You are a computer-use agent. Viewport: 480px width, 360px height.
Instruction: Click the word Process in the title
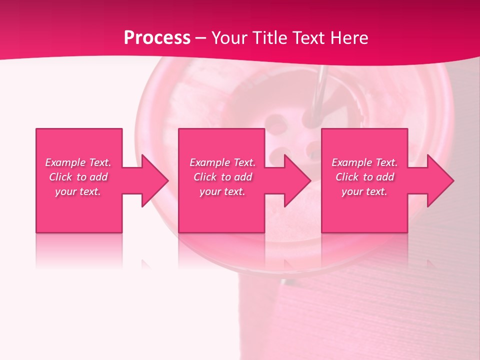[x=157, y=38]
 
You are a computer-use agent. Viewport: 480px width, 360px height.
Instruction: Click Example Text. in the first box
[x=78, y=162]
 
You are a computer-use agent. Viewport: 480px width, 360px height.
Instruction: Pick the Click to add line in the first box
[x=78, y=177]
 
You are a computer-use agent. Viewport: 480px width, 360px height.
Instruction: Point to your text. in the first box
[x=78, y=191]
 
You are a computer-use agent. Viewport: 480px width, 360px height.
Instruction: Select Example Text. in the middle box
[x=222, y=162]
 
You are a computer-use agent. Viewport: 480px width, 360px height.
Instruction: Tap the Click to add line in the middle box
[x=222, y=177]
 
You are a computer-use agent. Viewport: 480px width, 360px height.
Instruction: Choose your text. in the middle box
[x=222, y=191]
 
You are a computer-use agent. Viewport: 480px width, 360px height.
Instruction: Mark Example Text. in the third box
[x=364, y=162]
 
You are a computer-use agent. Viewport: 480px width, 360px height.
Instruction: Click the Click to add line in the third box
[x=364, y=177]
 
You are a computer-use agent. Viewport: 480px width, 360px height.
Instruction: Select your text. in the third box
[x=364, y=191]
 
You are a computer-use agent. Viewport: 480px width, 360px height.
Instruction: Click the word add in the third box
[x=385, y=177]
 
